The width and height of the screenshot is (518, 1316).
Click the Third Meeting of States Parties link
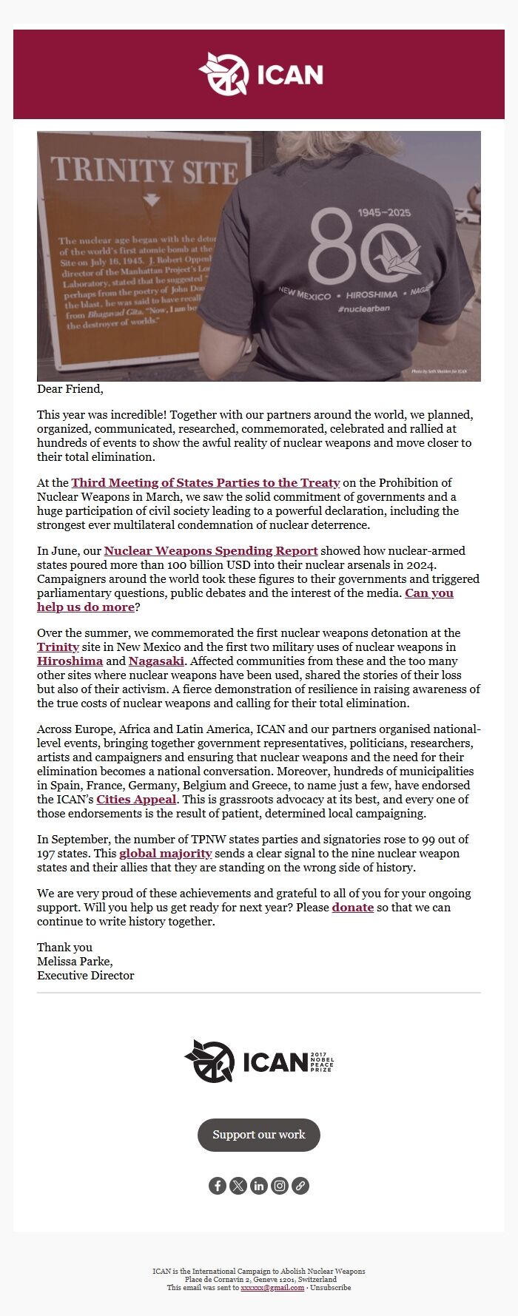(206, 483)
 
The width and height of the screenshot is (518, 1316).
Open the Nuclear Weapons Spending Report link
(211, 551)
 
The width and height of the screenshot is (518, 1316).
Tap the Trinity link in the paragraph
(58, 647)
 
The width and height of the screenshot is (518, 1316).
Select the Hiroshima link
(70, 661)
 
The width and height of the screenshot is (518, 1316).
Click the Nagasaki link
(156, 661)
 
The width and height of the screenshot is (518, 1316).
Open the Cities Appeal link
(136, 800)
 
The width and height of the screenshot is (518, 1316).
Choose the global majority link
(166, 854)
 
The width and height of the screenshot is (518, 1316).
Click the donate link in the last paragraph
(352, 908)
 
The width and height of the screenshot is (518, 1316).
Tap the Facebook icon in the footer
(217, 1186)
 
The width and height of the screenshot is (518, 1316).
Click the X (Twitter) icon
(238, 1186)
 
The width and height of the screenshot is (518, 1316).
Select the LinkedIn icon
(258, 1186)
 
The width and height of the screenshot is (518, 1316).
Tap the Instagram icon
(279, 1186)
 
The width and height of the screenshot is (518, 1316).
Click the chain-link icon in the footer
(300, 1186)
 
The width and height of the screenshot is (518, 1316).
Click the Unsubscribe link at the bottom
(330, 1288)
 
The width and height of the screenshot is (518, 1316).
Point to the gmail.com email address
(272, 1288)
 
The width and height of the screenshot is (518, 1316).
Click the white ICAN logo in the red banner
(260, 74)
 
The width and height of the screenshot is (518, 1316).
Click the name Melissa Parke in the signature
(74, 962)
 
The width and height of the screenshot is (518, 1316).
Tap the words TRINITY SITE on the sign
(144, 171)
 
